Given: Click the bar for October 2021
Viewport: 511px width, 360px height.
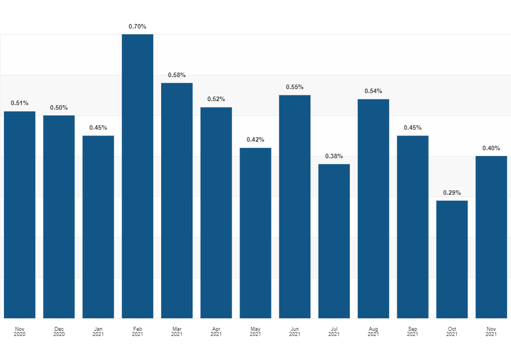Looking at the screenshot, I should [x=452, y=259].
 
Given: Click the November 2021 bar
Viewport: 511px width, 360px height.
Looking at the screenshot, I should [x=491, y=237].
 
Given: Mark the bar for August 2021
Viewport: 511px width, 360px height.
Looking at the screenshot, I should [x=373, y=209].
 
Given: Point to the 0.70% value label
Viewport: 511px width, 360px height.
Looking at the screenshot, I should [x=137, y=26].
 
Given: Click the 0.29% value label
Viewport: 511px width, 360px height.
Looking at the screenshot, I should [x=452, y=193].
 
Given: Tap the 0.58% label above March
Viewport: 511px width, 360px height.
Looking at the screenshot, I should [x=177, y=75].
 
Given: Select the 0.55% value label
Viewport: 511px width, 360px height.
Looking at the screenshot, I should [x=294, y=87].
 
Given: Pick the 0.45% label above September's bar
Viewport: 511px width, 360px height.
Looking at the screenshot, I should [x=413, y=127].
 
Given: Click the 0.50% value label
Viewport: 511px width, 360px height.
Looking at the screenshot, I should [x=59, y=107].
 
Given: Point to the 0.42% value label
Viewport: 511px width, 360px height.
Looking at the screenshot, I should [x=255, y=139].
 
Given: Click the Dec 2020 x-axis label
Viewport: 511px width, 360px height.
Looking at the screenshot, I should [x=59, y=331].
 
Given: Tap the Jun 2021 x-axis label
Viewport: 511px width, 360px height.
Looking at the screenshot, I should [x=294, y=331].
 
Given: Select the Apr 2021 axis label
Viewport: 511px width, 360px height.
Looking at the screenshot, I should [x=216, y=331].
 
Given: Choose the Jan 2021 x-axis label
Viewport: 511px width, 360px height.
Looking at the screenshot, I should [x=98, y=331].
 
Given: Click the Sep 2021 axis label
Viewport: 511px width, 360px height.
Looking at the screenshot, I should [x=413, y=331].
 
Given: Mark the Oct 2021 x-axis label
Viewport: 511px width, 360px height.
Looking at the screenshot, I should [x=452, y=331].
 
